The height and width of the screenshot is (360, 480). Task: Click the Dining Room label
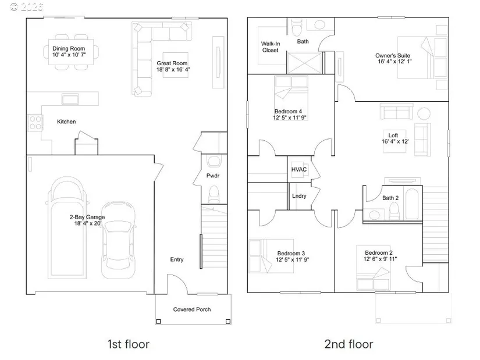click(x=69, y=48)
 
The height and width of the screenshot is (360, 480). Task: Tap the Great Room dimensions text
click(x=173, y=69)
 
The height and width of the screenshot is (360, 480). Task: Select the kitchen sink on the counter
click(x=70, y=99)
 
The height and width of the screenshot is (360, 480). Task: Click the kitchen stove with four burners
click(x=35, y=123)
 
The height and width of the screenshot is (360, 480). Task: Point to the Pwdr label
click(x=213, y=176)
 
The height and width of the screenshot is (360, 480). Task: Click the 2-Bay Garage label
click(x=87, y=217)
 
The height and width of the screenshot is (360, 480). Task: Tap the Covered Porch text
click(x=192, y=309)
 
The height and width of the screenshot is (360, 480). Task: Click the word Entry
click(x=177, y=259)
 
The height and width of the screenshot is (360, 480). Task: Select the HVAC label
click(x=299, y=169)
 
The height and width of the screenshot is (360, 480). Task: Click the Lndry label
click(x=299, y=196)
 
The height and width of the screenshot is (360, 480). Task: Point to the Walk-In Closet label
click(x=271, y=47)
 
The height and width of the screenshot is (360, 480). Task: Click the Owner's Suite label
click(x=393, y=55)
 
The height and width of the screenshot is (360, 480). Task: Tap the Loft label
click(x=393, y=136)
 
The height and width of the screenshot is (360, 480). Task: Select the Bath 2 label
click(x=390, y=198)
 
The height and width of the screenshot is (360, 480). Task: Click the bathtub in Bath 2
click(x=412, y=204)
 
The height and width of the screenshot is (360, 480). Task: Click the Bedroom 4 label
click(x=288, y=112)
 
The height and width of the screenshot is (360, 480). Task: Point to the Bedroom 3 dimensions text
click(x=292, y=260)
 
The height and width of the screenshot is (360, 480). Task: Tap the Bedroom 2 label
click(x=379, y=253)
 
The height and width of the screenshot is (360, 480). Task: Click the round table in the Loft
click(x=424, y=113)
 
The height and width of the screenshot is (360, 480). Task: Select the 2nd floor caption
click(x=349, y=344)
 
